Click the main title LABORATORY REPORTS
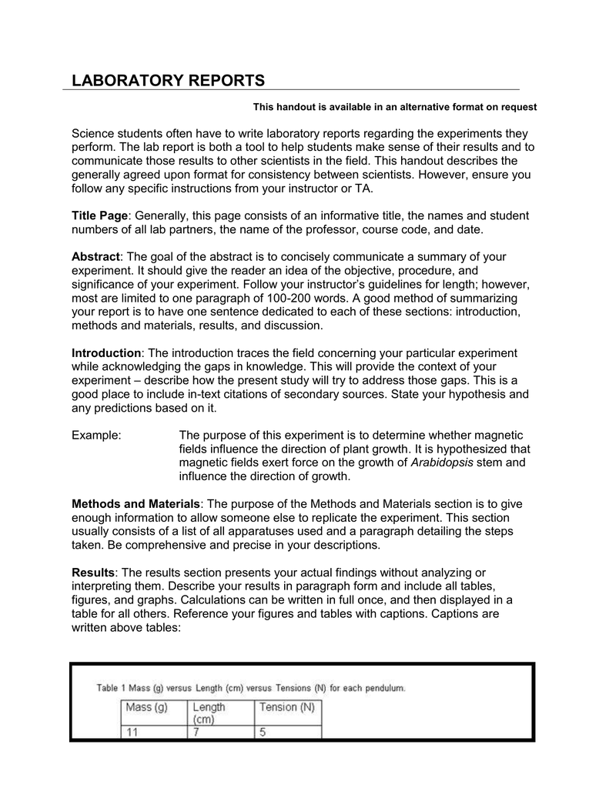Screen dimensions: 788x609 tap(168, 80)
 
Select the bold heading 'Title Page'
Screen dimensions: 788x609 tap(99, 216)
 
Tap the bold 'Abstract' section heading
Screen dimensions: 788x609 tap(96, 256)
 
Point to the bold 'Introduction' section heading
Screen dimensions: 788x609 tap(106, 352)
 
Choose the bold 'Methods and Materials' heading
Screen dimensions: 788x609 tap(136, 503)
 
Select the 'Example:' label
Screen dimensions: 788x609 tap(96, 435)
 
